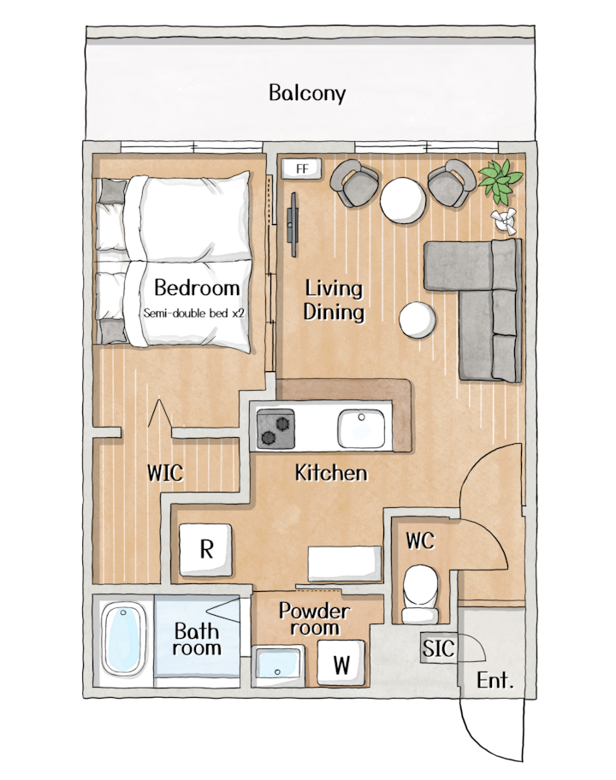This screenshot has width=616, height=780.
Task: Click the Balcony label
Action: (307, 93)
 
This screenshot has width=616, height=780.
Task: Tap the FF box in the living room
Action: (301, 169)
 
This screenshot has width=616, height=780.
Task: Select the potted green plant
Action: (500, 181)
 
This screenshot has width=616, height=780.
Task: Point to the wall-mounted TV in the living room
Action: (293, 224)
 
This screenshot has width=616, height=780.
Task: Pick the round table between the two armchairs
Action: (403, 201)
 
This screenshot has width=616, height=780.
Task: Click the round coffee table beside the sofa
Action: (418, 321)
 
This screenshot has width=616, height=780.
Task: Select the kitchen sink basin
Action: (361, 429)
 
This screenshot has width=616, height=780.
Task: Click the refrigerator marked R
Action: (205, 550)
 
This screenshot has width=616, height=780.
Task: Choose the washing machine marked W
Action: (341, 663)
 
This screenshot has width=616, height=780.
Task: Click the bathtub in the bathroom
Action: (123, 638)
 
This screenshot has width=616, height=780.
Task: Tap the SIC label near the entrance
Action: (438, 648)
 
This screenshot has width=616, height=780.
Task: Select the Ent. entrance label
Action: (495, 680)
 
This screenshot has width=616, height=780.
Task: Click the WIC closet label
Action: (165, 473)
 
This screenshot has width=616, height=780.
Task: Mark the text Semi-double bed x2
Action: (194, 313)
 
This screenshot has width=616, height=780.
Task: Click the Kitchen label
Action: (331, 473)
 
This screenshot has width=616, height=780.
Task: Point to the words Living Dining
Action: (334, 300)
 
